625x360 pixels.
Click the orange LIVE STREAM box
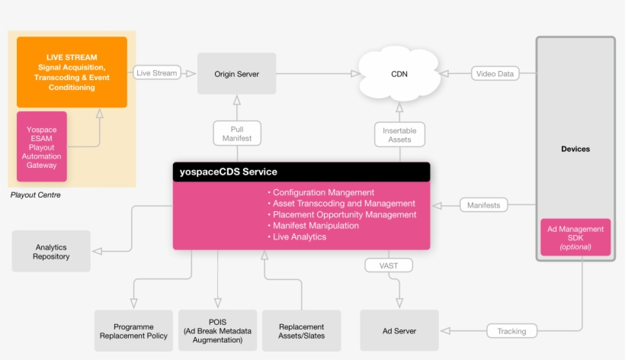(x=72, y=72)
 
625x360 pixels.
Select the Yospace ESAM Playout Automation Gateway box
(x=42, y=146)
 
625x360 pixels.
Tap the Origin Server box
(x=236, y=74)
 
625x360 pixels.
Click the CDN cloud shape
(x=399, y=75)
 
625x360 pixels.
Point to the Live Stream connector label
(x=156, y=73)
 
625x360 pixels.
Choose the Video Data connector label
(x=495, y=74)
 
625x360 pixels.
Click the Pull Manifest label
(x=236, y=133)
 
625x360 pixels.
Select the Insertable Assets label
(x=399, y=134)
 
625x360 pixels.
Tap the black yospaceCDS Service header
(x=301, y=172)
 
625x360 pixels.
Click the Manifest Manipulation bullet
(x=316, y=226)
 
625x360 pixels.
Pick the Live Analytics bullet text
(x=299, y=237)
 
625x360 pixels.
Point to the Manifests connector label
(x=483, y=205)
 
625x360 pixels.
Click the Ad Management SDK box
(x=575, y=237)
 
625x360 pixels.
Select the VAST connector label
(x=389, y=265)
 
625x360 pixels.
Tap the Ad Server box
(x=399, y=331)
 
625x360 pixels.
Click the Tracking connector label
(x=511, y=331)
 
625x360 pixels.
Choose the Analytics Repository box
(x=51, y=252)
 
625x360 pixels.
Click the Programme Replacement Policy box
(x=133, y=331)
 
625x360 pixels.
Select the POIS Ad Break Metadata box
(x=218, y=331)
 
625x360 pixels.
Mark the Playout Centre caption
(x=36, y=195)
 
